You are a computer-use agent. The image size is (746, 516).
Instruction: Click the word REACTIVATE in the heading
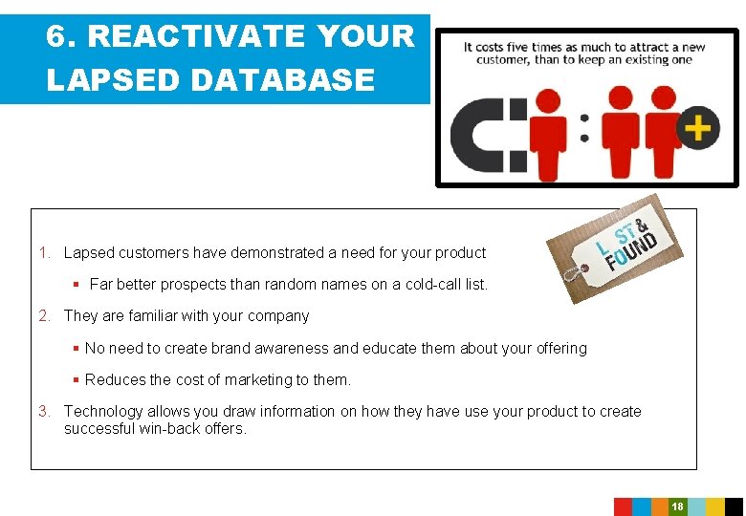195,37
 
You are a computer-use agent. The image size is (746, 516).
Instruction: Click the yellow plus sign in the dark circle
699,127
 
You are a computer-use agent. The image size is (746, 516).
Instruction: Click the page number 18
677,506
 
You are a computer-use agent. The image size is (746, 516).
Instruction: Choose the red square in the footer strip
623,506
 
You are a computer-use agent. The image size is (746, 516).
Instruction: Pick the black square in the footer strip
734,506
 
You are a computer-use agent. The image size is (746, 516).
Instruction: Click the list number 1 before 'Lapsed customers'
44,253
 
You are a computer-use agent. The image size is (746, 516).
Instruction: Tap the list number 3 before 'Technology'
44,412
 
